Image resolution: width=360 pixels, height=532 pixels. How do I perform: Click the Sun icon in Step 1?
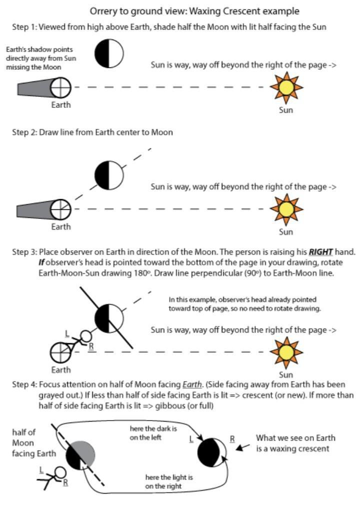(x=286, y=87)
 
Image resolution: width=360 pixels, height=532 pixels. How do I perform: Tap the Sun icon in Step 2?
(x=286, y=208)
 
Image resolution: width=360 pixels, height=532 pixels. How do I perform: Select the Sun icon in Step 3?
(x=286, y=352)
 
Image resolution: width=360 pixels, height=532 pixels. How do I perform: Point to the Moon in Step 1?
(x=109, y=53)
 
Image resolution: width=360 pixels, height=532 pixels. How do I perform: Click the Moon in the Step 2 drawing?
(x=109, y=175)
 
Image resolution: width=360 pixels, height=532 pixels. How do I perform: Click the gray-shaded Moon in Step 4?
(x=80, y=455)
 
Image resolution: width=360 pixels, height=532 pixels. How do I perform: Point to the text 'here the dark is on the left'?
(x=153, y=433)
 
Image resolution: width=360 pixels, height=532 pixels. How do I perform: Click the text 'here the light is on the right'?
(x=169, y=482)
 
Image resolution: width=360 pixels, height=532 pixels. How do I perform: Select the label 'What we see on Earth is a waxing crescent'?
(x=295, y=443)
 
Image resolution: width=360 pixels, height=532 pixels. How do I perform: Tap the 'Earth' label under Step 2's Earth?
(x=61, y=227)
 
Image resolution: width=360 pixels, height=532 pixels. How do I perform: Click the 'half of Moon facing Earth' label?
(x=31, y=443)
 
